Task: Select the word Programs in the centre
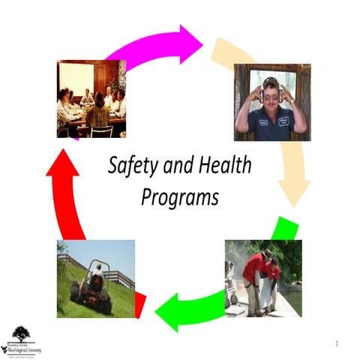tap(180, 197)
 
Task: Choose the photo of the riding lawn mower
tap(95, 278)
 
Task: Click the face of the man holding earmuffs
tap(270, 94)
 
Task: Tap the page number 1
tap(337, 343)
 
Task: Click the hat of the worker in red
tap(268, 253)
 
